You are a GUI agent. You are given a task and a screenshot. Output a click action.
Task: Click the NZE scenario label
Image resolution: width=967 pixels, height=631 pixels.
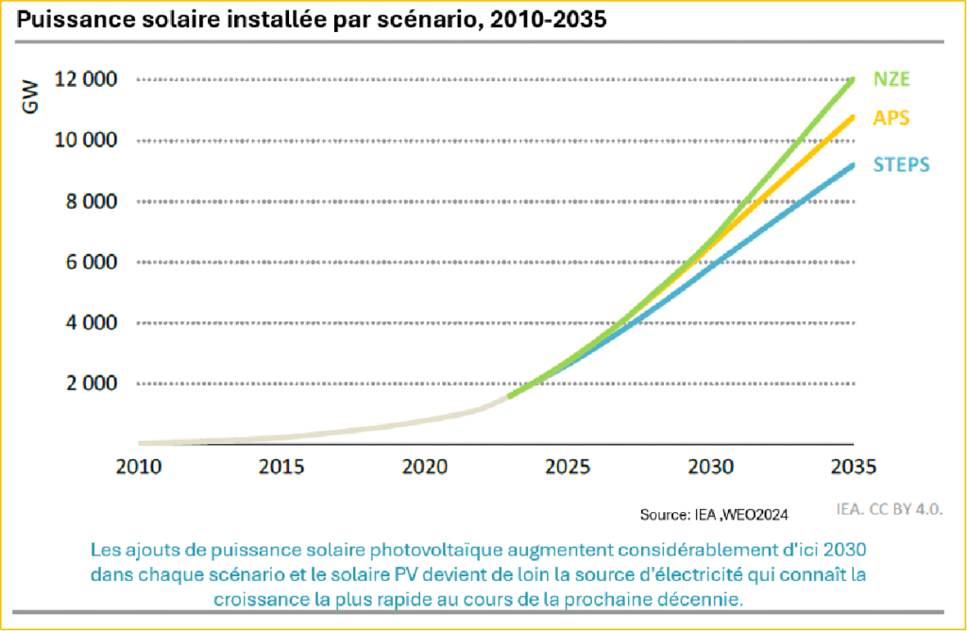point(891,79)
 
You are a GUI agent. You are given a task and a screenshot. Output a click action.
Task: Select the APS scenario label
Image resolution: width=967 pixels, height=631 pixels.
point(891,119)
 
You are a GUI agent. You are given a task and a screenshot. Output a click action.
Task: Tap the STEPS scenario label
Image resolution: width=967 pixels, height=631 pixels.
point(901,164)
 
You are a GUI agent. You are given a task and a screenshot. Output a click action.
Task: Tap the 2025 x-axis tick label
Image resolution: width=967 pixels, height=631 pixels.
point(568,467)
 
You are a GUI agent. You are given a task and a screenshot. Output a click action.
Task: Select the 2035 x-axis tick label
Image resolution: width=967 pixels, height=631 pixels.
point(854,467)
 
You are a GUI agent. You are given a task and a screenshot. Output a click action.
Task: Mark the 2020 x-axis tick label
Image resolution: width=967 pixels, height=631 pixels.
point(424,467)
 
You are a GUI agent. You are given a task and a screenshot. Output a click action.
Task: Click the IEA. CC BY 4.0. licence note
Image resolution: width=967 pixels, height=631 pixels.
point(890,508)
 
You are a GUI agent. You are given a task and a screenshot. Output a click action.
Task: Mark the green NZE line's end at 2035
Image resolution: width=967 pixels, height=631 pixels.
point(853,80)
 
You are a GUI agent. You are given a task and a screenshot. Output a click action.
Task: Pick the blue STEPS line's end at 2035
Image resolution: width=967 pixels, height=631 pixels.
point(853,166)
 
